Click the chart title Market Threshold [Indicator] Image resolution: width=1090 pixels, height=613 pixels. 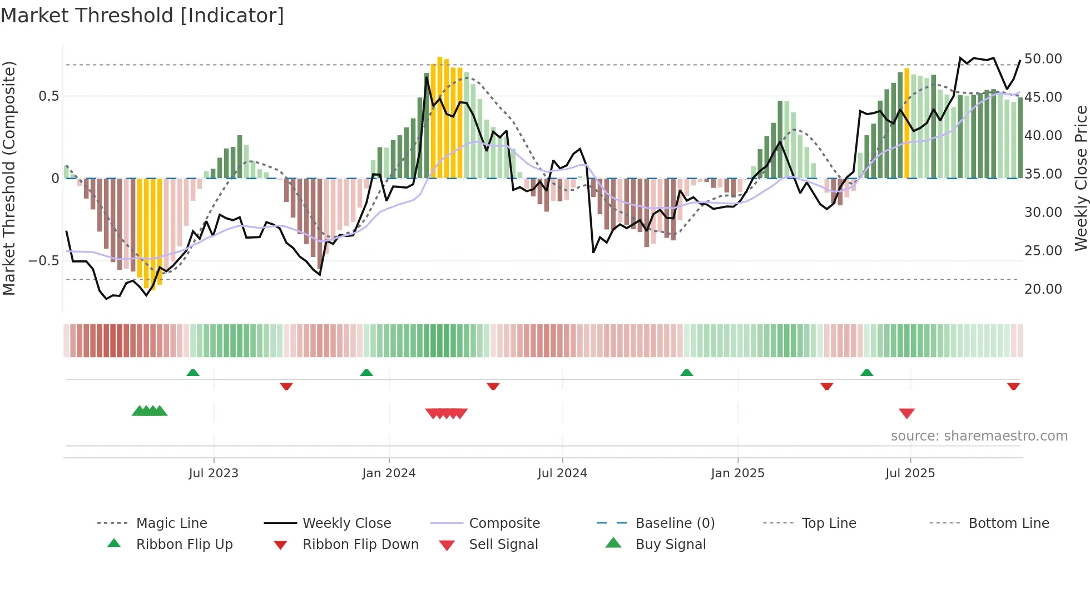point(142,16)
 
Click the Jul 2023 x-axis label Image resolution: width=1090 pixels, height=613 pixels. point(214,473)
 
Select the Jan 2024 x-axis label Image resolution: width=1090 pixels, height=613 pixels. point(389,473)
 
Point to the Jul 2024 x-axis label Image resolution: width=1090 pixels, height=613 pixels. point(562,473)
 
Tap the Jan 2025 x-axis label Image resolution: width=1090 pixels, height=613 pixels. point(737,473)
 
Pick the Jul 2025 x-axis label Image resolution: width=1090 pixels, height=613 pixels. point(910,473)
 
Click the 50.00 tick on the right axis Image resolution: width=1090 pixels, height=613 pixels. point(1043,59)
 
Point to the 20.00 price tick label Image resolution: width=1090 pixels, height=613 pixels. point(1043,289)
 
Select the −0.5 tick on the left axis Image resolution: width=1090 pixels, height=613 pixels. point(44,261)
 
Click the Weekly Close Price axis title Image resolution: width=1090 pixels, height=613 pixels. point(1081,178)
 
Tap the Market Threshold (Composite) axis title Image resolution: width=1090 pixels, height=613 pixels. point(9,178)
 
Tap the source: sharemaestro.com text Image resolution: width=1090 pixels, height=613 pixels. point(979,436)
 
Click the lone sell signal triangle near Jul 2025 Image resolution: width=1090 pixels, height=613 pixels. point(907,413)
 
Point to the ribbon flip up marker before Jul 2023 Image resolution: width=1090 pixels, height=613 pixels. point(193,373)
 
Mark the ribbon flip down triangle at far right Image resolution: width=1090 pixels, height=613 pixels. point(1013,386)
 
